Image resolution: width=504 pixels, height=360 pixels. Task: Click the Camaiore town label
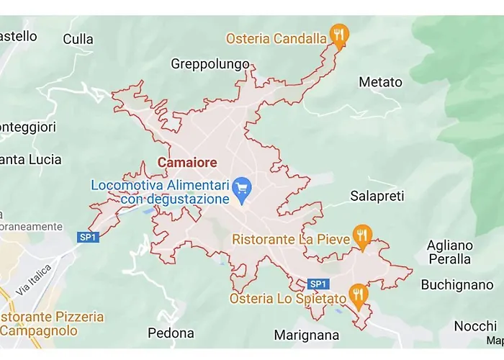(186, 163)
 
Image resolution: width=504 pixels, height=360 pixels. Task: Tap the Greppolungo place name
(210, 64)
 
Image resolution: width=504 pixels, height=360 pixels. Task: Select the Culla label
(78, 39)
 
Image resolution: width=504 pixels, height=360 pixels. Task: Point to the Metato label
(380, 82)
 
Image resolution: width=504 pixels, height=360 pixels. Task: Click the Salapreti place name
(377, 196)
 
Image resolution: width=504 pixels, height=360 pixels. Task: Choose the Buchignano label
(456, 284)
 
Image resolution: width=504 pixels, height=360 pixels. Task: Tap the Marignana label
(306, 335)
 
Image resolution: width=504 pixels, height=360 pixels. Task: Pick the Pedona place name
(171, 333)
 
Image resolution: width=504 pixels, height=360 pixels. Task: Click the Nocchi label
(475, 326)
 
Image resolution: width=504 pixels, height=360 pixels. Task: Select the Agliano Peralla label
(449, 252)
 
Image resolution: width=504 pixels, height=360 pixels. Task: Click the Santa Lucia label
(31, 159)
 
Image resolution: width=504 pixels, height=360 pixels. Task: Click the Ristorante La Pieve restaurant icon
(363, 235)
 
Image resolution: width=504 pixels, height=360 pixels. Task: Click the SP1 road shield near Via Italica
(88, 237)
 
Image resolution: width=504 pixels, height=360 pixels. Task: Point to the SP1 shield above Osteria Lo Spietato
(318, 284)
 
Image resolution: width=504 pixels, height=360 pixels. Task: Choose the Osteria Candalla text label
(276, 38)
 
